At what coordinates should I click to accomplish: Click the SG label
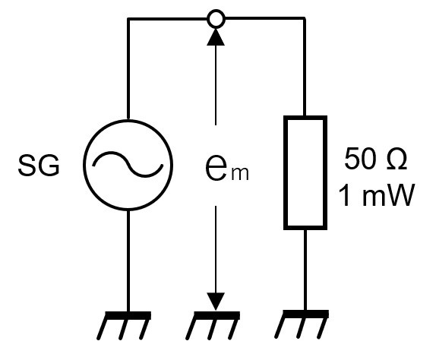[39, 166]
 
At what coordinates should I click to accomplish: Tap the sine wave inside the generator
[128, 165]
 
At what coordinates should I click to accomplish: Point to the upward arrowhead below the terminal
[216, 37]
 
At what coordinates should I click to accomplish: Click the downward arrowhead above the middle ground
[216, 302]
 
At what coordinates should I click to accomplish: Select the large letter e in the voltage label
[216, 167]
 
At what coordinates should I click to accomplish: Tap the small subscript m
[240, 174]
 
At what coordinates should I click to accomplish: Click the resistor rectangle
[286, 172]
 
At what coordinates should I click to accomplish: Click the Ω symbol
[397, 159]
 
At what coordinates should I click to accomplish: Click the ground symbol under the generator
[125, 325]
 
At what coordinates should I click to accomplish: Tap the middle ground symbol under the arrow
[213, 325]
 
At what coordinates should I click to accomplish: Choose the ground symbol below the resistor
[302, 324]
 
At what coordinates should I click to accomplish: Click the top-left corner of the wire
[128, 19]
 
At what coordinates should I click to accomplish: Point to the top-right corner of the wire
[305, 19]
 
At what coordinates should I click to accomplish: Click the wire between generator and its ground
[128, 261]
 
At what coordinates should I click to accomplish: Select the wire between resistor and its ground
[305, 270]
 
